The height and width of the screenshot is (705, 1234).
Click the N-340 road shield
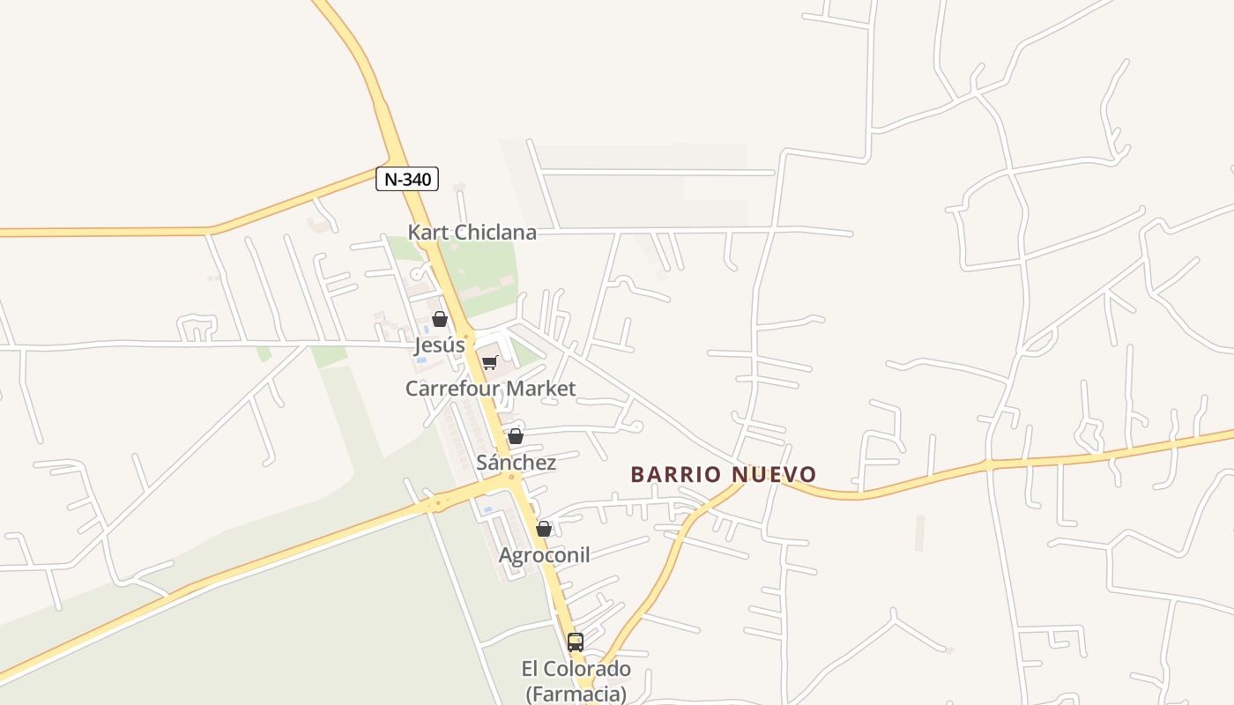pyautogui.click(x=407, y=179)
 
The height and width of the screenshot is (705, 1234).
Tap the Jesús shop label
pyautogui.click(x=440, y=345)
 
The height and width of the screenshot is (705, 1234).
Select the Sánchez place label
pyautogui.click(x=516, y=463)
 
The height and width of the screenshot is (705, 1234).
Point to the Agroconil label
pyautogui.click(x=544, y=555)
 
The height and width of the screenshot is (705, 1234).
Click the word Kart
pyautogui.click(x=427, y=233)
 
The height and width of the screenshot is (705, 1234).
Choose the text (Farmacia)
pyautogui.click(x=576, y=694)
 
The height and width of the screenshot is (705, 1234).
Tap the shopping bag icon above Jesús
pyautogui.click(x=440, y=319)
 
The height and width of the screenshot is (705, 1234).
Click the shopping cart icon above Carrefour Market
pyautogui.click(x=490, y=362)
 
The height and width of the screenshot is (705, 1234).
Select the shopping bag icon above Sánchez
pyautogui.click(x=516, y=436)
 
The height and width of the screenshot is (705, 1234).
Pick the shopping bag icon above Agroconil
pyautogui.click(x=544, y=529)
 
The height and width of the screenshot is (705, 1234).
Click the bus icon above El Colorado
pyautogui.click(x=576, y=642)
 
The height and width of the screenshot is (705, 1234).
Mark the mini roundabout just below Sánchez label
pyautogui.click(x=511, y=477)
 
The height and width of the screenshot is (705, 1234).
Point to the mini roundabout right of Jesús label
pyautogui.click(x=467, y=336)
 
